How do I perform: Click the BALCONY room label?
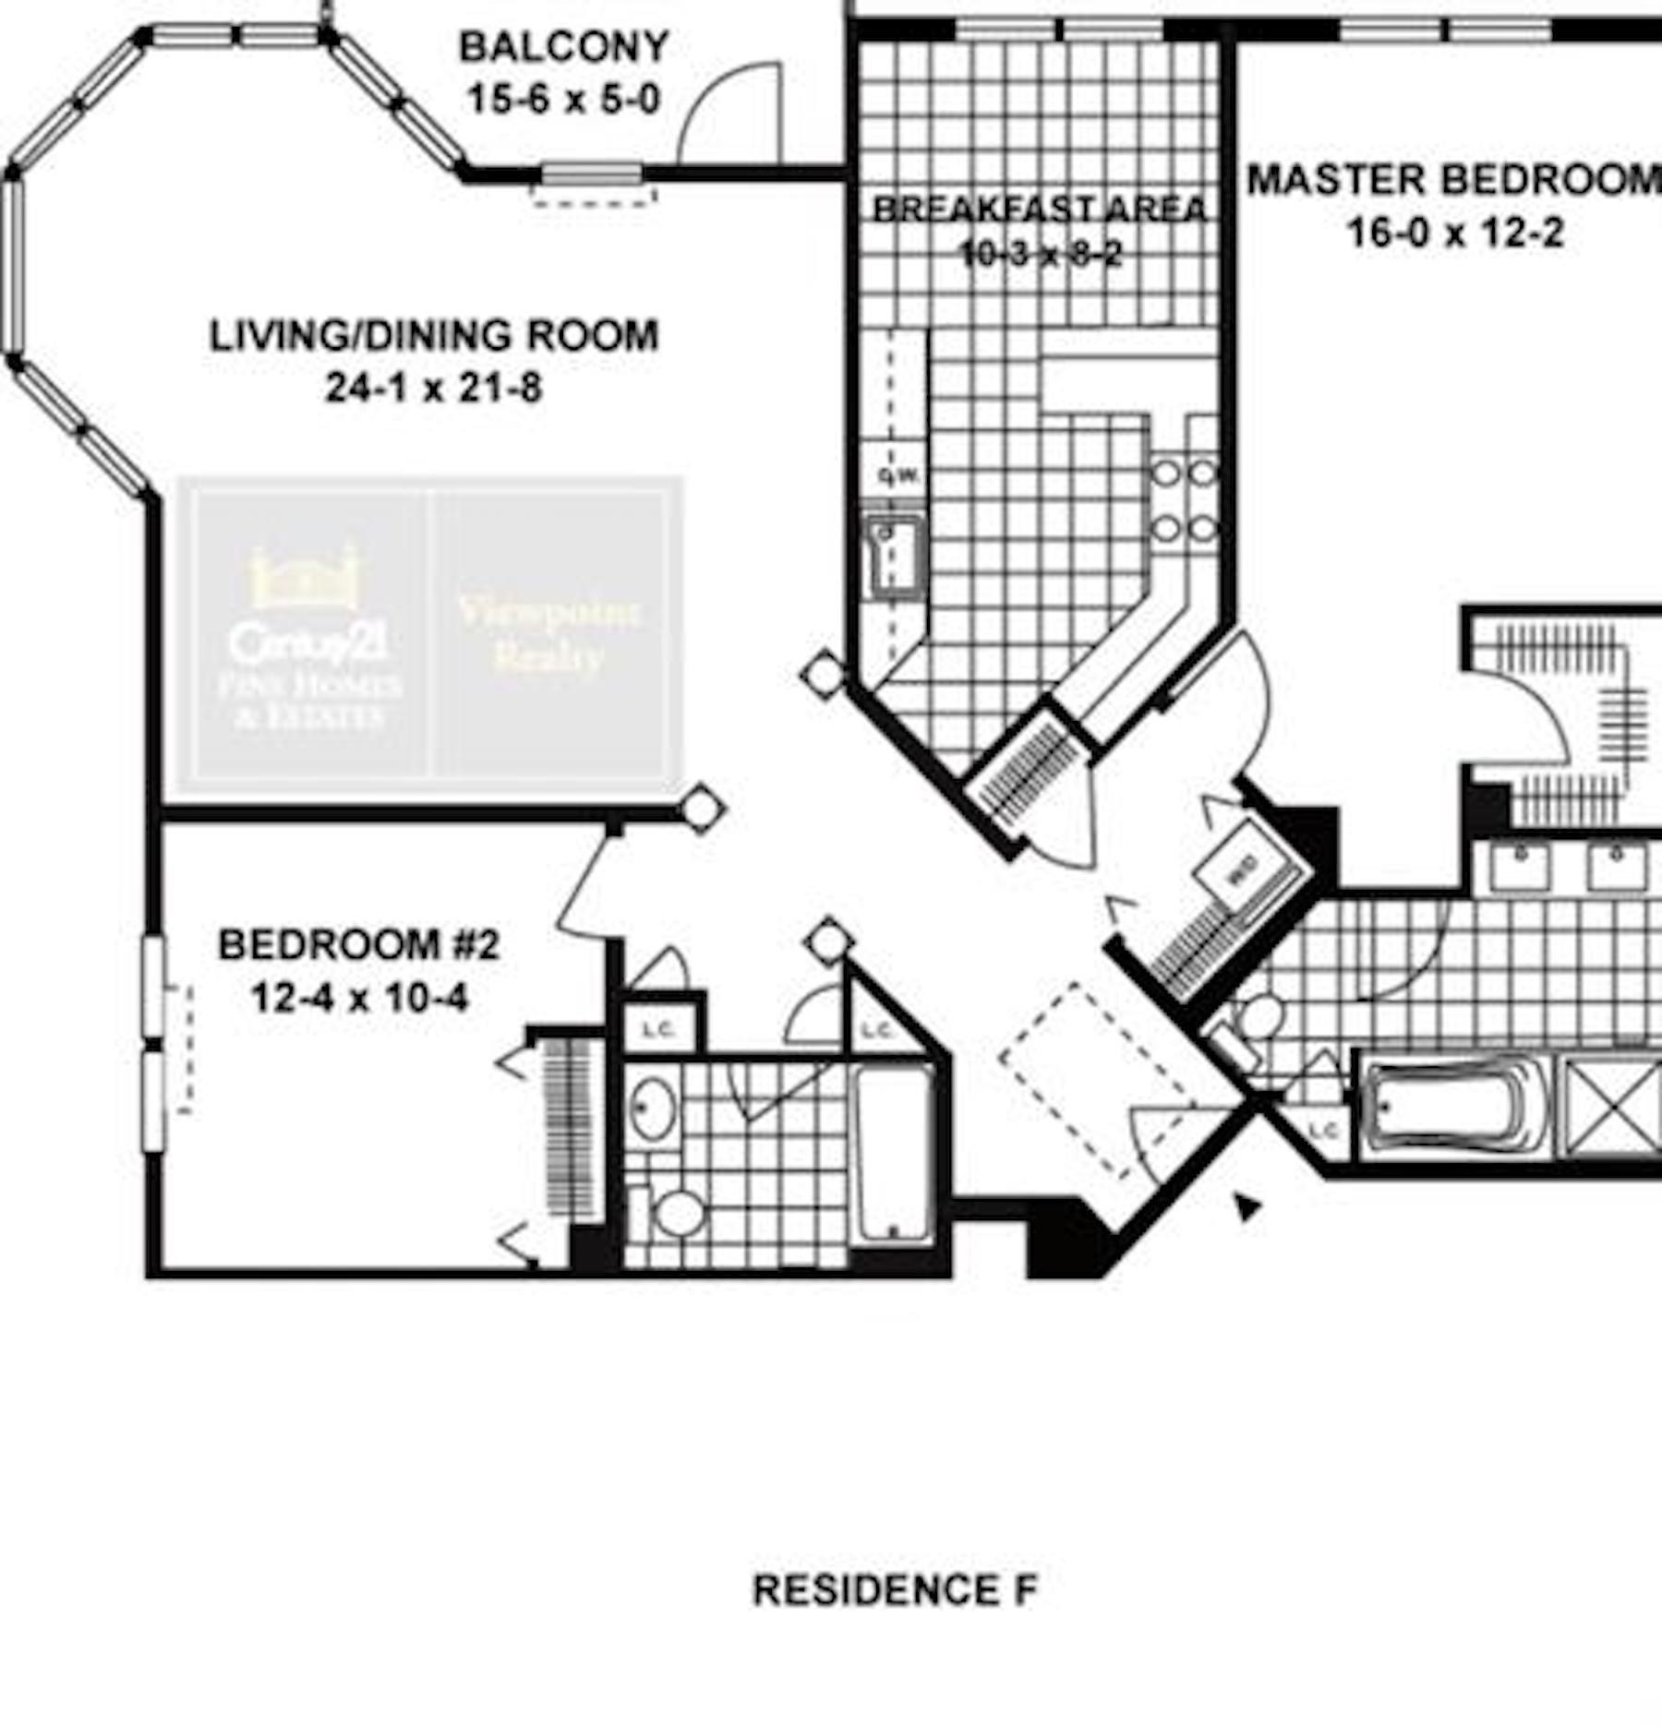coord(564,47)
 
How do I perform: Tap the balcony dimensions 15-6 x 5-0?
coord(564,99)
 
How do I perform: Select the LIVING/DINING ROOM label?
coord(434,336)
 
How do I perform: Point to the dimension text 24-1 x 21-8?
coord(434,388)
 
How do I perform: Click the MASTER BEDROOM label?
coord(1453,180)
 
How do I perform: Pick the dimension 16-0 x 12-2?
coord(1455,233)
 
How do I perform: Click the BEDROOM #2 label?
coord(358,945)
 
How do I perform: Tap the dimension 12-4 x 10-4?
coord(359,998)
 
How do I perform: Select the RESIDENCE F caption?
coord(895,1590)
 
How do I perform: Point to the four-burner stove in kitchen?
coord(1185,501)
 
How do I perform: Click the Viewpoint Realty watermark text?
coord(548,633)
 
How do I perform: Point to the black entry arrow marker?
coord(1247,1205)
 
